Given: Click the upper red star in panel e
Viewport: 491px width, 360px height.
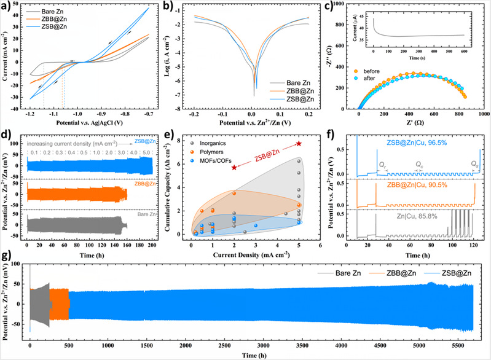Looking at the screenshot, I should click(x=299, y=143).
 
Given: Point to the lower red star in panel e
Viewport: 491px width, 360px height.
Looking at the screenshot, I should click(x=234, y=167).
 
